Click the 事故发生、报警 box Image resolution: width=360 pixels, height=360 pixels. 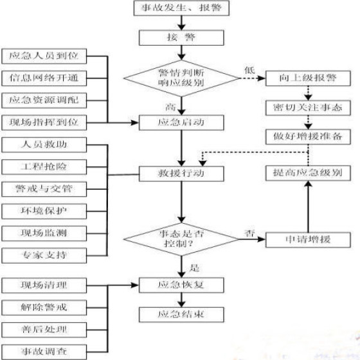click(181, 8)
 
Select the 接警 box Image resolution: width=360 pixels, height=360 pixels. click(181, 38)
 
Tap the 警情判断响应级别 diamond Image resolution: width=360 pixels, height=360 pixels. click(181, 78)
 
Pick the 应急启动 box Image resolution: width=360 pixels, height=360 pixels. click(181, 123)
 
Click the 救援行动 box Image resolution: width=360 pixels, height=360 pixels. click(181, 174)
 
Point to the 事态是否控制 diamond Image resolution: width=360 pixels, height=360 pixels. click(181, 239)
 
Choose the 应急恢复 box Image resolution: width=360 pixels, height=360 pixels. click(181, 285)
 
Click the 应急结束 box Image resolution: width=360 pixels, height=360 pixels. click(181, 315)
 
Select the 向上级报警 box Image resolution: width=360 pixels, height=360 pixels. click(308, 78)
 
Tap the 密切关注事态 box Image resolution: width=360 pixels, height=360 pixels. click(308, 108)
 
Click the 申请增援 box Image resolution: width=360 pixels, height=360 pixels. click(308, 240)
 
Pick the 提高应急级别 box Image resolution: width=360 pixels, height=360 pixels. click(308, 173)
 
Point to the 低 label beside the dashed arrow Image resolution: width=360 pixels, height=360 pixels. click(249, 70)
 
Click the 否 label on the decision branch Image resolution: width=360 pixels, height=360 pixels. click(249, 233)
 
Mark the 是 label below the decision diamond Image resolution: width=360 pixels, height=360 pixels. click(194, 268)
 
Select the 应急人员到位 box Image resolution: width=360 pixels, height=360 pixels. click(44, 57)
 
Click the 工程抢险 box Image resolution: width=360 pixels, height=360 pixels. click(44, 167)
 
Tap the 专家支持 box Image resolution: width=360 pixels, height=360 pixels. click(44, 256)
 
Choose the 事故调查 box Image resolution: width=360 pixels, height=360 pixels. click(44, 352)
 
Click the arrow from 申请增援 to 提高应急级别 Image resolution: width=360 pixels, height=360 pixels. click(308, 206)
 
